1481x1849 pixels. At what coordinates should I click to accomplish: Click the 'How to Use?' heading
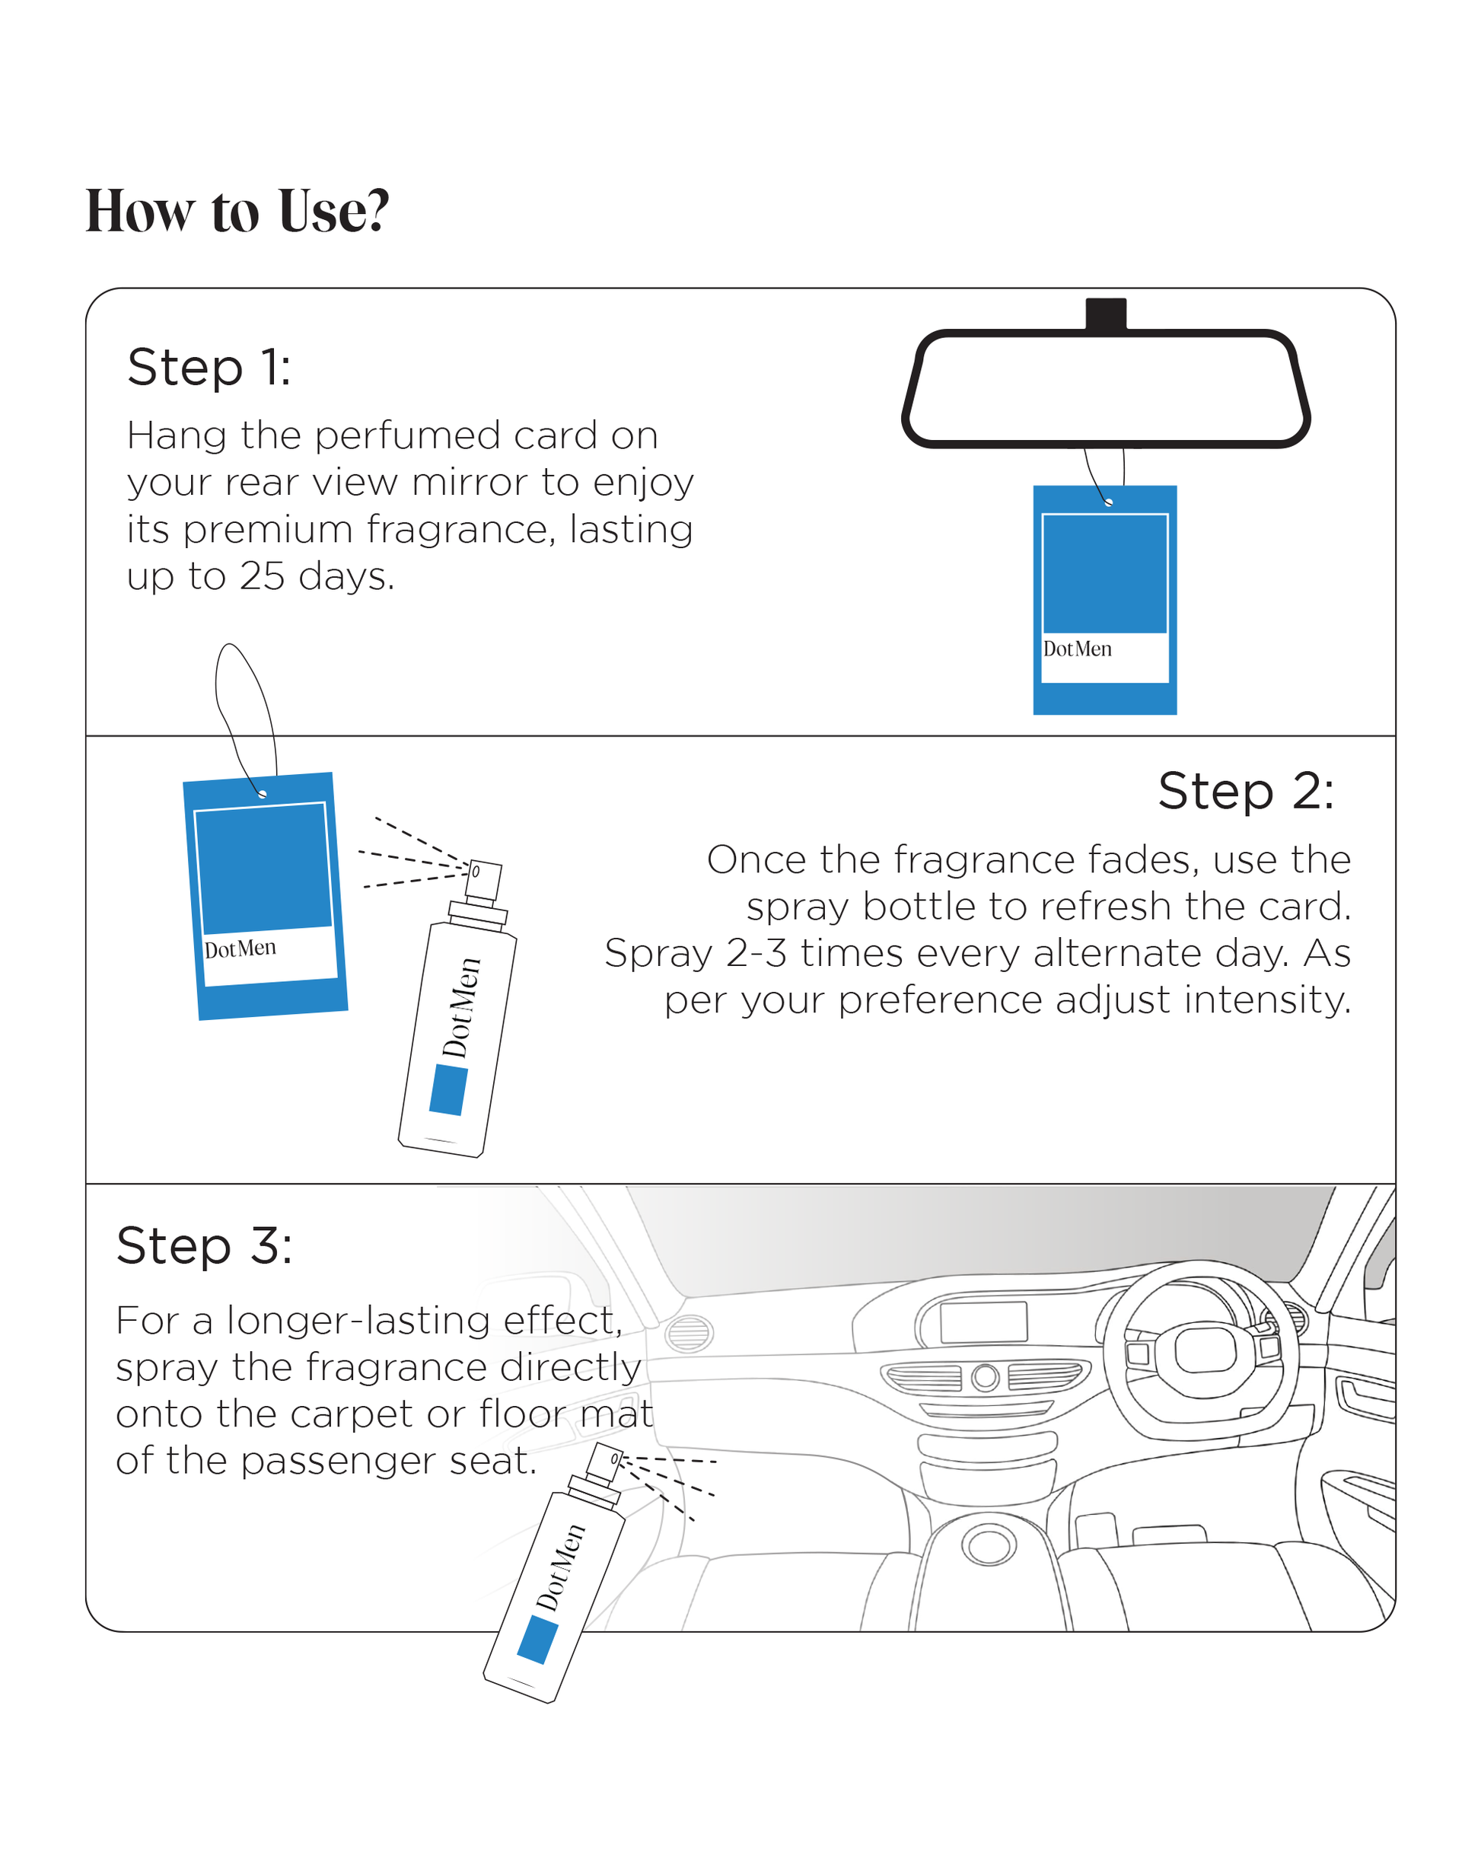click(x=237, y=211)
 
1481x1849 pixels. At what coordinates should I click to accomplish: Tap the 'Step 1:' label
click(x=209, y=368)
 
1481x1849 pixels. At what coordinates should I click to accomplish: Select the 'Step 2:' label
click(x=1245, y=791)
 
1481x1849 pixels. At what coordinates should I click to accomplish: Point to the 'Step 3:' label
click(x=204, y=1245)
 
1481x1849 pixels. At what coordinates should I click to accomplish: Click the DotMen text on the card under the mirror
click(x=1077, y=649)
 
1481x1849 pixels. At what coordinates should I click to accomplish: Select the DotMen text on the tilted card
click(x=240, y=948)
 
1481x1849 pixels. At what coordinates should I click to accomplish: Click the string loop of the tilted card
click(x=242, y=703)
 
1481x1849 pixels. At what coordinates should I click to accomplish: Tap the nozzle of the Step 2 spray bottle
click(x=482, y=880)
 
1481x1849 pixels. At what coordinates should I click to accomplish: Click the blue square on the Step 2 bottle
click(x=447, y=1090)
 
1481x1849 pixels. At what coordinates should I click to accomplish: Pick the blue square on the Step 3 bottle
click(x=538, y=1639)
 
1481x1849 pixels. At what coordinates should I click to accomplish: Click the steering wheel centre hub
click(x=1205, y=1349)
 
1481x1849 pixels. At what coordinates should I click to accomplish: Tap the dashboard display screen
click(x=983, y=1321)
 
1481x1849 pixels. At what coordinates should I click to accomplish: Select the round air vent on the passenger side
click(x=689, y=1334)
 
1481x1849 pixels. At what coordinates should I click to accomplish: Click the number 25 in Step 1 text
click(x=262, y=576)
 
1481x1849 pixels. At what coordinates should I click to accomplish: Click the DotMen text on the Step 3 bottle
click(x=560, y=1567)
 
